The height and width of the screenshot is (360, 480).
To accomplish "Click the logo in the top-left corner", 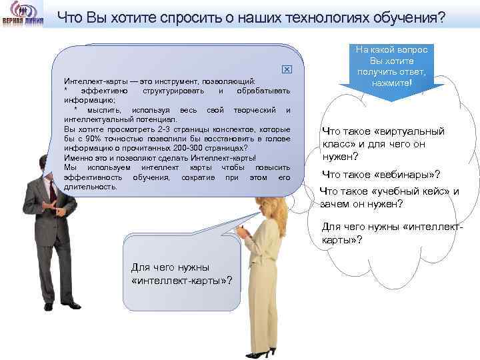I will point(23,15).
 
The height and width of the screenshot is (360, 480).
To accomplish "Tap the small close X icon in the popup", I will point(287,70).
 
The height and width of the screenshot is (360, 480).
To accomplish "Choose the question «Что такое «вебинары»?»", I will point(381,175).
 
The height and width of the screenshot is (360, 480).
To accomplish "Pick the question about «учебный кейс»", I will point(389,197).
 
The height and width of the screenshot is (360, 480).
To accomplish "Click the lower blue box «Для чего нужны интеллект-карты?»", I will point(181,273).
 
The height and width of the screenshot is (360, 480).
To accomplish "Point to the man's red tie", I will point(52,190).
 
